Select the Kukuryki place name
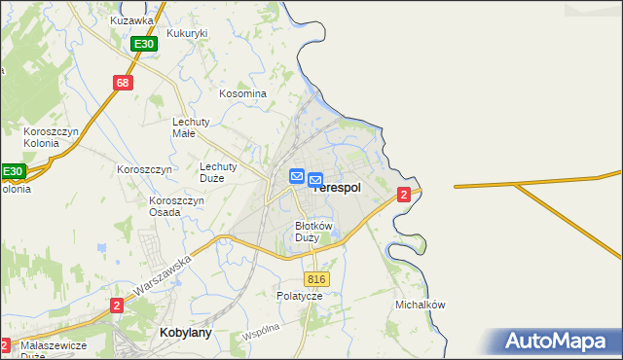(187, 33)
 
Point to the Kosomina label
(242, 93)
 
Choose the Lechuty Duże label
(225, 172)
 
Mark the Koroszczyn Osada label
(176, 206)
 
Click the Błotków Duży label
(313, 232)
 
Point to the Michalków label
(421, 305)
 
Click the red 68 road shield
(122, 83)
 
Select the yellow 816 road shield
(318, 279)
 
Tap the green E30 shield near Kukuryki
(144, 45)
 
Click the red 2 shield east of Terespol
(403, 196)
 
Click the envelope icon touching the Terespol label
(315, 180)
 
